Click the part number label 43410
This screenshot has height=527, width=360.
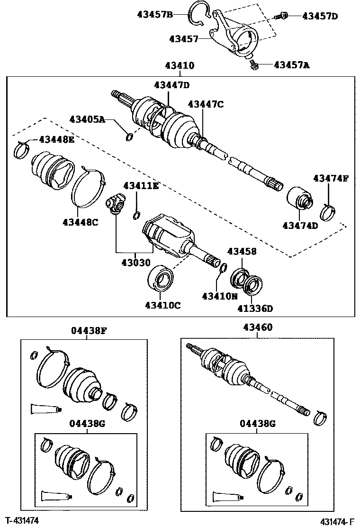(x=180, y=66)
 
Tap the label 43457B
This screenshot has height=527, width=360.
(x=155, y=14)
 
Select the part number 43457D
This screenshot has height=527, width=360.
(x=320, y=16)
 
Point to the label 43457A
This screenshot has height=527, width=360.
(x=291, y=65)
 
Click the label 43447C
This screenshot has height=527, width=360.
(x=205, y=104)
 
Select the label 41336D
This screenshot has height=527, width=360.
(x=255, y=309)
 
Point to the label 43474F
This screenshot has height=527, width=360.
(x=331, y=178)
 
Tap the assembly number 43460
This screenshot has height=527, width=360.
(x=258, y=327)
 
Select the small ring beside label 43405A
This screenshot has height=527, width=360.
(x=129, y=137)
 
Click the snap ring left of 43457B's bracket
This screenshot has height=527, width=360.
(x=196, y=13)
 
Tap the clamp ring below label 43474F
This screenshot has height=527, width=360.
(x=327, y=212)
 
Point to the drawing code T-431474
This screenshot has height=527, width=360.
(x=22, y=520)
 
